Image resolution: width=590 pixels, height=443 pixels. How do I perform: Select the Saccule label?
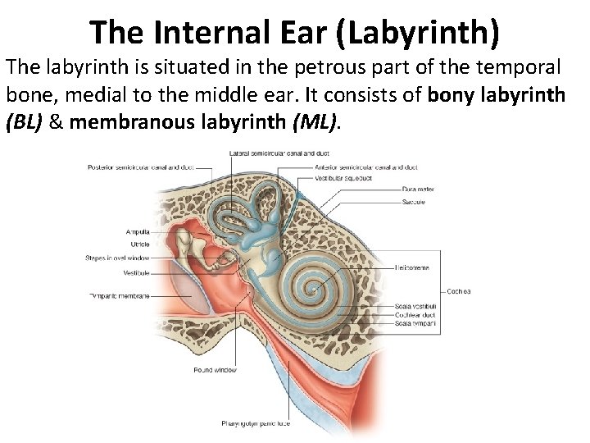[x=413, y=199]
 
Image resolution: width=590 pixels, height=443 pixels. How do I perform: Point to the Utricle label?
[x=138, y=244]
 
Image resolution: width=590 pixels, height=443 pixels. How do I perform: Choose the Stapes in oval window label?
[x=116, y=258]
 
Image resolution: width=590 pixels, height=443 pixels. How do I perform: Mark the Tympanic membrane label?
[x=118, y=295]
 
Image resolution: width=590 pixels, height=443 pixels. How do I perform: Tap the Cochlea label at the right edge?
[x=458, y=290]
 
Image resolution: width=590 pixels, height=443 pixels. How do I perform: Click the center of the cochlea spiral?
[x=315, y=288]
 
